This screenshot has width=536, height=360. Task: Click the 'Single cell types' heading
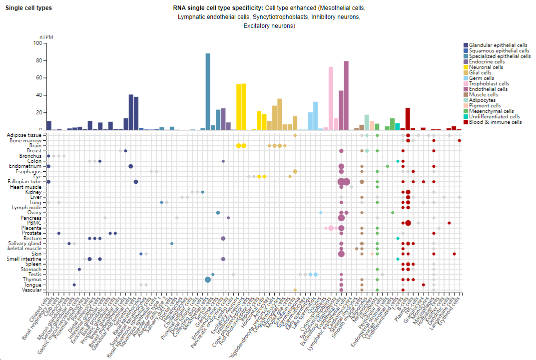click(28, 8)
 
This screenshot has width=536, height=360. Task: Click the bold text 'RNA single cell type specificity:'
click(218, 8)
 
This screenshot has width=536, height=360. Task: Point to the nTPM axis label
click(46, 38)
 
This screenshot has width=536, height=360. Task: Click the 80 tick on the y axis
click(37, 61)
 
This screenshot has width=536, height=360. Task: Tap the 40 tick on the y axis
click(37, 95)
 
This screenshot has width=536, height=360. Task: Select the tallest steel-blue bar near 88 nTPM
click(208, 91)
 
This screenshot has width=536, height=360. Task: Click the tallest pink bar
click(331, 98)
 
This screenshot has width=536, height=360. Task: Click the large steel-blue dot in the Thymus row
click(208, 280)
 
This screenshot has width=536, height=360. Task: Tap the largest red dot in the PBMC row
click(408, 223)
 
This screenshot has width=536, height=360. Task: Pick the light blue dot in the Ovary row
click(321, 213)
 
